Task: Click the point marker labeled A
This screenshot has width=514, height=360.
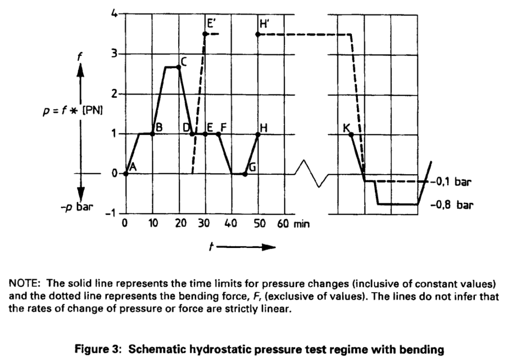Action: pos(126,174)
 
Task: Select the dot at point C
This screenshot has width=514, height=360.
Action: pos(179,67)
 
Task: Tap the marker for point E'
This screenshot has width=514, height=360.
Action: pos(205,34)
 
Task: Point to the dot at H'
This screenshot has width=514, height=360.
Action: pos(258,34)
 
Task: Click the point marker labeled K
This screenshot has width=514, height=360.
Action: pos(351,135)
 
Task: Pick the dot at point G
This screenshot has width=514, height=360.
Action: pos(245,174)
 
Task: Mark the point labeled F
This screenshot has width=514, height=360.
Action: pos(219,134)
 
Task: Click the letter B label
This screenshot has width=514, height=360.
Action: pos(159,127)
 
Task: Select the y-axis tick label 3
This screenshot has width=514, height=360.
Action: pos(114,53)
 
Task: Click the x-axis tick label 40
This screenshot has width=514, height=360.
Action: pos(230,223)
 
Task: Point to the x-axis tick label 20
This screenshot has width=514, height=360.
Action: pos(180,223)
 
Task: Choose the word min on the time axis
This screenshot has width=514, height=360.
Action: pos(302,224)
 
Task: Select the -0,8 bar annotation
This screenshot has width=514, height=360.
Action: pos(452,205)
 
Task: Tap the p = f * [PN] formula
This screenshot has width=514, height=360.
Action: pos(73,111)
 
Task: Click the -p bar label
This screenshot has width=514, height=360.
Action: pos(77,207)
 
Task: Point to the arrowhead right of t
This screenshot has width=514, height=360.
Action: pos(268,247)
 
